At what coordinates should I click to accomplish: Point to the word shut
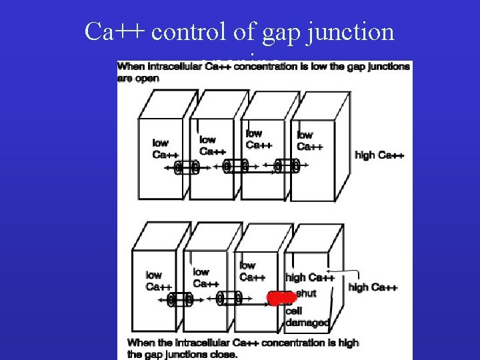tap(305, 293)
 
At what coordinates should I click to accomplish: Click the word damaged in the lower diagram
tap(307, 323)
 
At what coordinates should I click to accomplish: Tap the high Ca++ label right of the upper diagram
tap(380, 155)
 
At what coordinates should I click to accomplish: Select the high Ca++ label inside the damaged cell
tap(309, 277)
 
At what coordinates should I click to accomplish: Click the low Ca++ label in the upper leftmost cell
tap(161, 148)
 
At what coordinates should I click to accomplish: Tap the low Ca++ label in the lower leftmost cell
tap(154, 281)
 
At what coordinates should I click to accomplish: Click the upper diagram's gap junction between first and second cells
tap(186, 167)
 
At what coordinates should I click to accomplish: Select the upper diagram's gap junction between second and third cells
tap(235, 165)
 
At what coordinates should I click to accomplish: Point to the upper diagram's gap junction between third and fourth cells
tap(286, 165)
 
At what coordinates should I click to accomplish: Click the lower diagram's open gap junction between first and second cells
tap(179, 300)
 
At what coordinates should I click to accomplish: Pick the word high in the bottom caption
tap(346, 343)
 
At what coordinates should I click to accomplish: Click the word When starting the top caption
tap(131, 67)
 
